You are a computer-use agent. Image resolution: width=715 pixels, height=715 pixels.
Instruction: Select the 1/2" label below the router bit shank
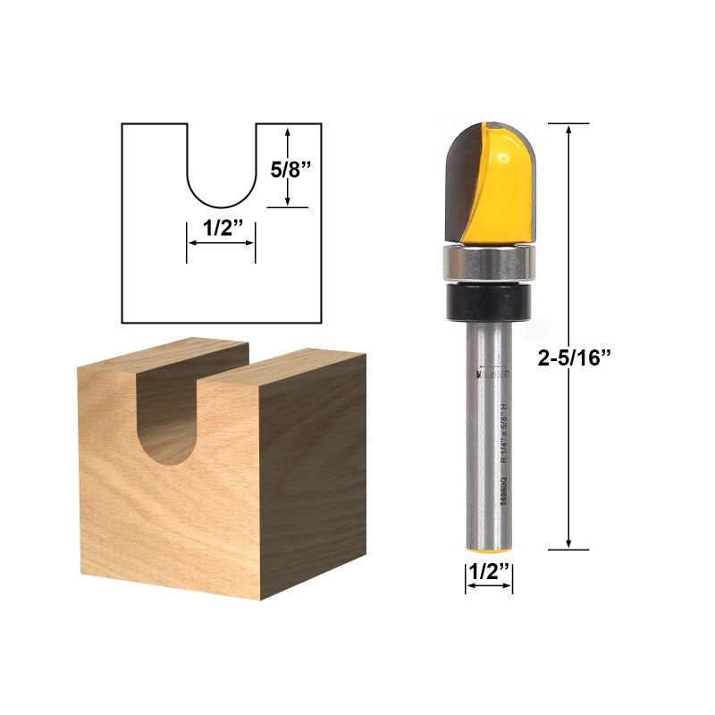[x=489, y=572]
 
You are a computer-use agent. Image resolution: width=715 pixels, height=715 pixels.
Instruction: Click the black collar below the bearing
[x=488, y=300]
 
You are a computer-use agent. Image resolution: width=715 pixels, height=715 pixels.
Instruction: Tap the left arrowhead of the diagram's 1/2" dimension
[x=190, y=242]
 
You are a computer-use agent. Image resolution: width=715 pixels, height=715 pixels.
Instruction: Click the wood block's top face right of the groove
[x=286, y=362]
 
